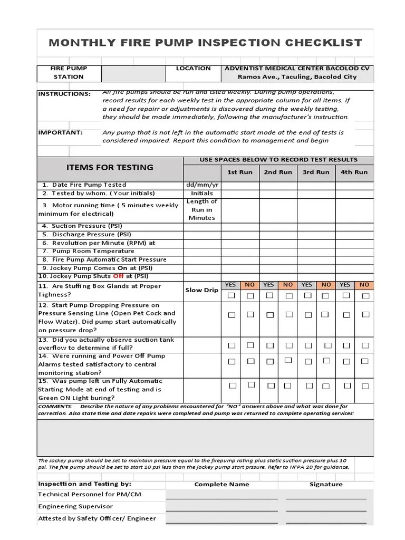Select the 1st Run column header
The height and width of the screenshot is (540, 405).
coord(239,172)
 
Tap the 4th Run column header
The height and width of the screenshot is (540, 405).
coord(354,172)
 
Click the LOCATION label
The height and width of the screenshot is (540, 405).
coord(193,68)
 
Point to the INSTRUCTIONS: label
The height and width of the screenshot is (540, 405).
coord(64,94)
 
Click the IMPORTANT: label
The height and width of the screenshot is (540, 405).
coord(60,132)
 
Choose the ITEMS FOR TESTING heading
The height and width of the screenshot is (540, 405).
coord(110,167)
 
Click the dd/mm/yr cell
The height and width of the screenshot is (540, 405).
coord(202,185)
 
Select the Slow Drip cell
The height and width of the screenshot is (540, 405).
coord(202,290)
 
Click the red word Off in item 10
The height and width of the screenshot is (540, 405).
coord(118,276)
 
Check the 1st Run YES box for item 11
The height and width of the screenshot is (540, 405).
coord(231,296)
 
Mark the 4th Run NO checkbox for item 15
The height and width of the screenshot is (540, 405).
coord(365,385)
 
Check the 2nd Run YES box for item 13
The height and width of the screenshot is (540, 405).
coord(270,345)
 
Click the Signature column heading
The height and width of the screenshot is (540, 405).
coord(326,484)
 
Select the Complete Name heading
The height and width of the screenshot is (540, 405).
coord(221,484)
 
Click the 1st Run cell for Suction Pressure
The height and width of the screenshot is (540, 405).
coord(239,226)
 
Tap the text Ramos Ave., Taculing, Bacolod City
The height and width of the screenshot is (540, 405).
coord(297,76)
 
